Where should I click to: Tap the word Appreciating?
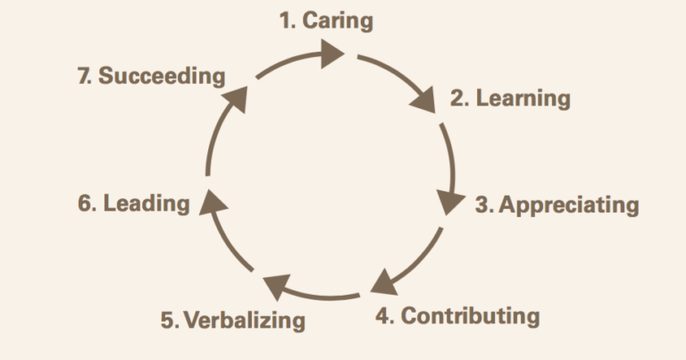pyautogui.click(x=568, y=205)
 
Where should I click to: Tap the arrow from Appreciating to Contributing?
pyautogui.click(x=411, y=264)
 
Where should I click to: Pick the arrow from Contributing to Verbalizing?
pyautogui.click(x=308, y=289)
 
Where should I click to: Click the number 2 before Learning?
pyautogui.click(x=456, y=98)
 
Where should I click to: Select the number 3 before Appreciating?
pyautogui.click(x=482, y=205)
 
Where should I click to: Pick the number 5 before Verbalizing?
pyautogui.click(x=165, y=319)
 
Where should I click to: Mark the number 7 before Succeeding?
pyautogui.click(x=85, y=75)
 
